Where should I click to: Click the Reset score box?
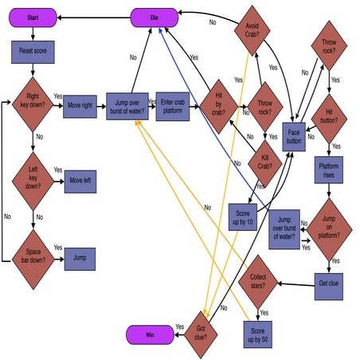32,53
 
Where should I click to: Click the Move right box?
80,105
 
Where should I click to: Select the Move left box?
80,181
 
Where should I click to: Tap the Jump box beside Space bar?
80,259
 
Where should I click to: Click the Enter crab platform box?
172,105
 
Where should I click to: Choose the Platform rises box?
329,171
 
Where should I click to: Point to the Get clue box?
329,283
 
